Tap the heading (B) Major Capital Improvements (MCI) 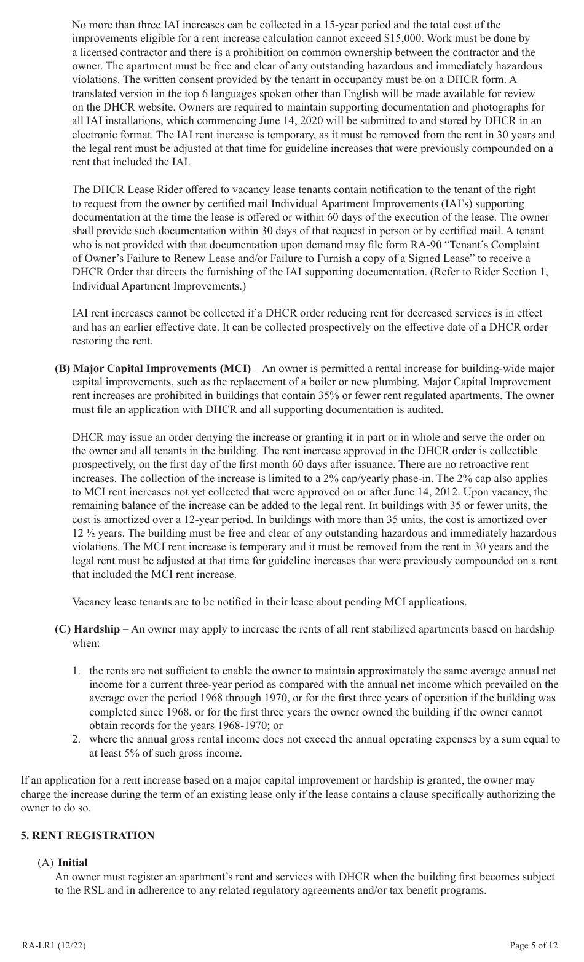point(153,369)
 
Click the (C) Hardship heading point(87,629)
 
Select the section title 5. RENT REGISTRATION point(87,835)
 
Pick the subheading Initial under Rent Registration point(73,863)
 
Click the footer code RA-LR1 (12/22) point(49,945)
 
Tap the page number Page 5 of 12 point(534,945)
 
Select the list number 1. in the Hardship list point(77,671)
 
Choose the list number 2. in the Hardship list point(77,739)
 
